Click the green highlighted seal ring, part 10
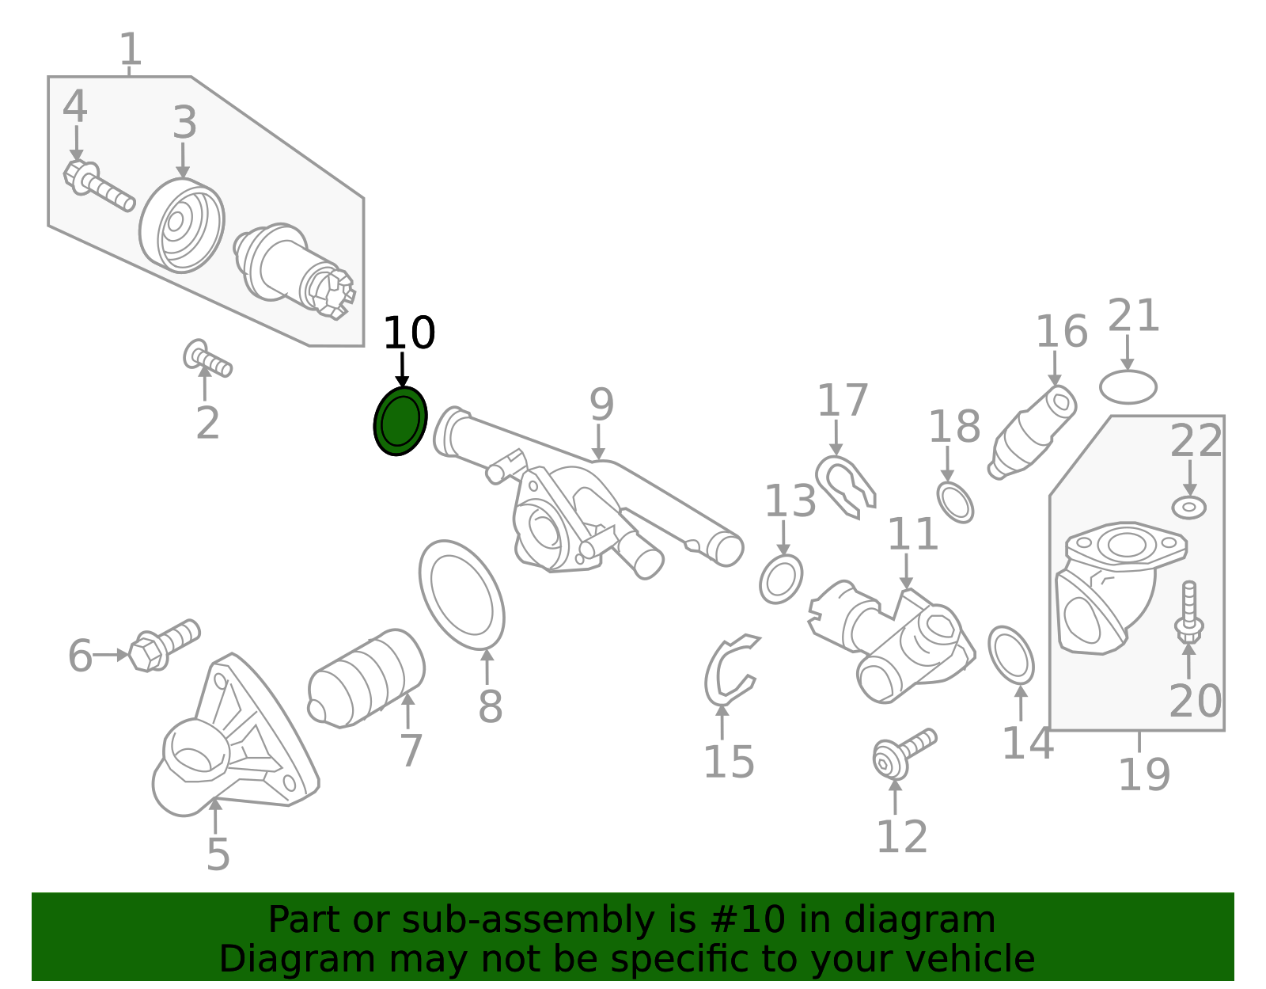tap(400, 421)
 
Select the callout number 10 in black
tap(408, 333)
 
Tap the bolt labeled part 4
tap(99, 186)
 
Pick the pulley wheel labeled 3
tap(182, 226)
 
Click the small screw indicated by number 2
tap(207, 359)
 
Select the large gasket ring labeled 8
tap(462, 594)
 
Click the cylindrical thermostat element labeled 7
tap(366, 678)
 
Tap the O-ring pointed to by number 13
tap(781, 579)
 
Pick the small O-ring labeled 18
tap(955, 502)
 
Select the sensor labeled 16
tap(1033, 432)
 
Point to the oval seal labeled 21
tap(1128, 386)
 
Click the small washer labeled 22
tap(1188, 507)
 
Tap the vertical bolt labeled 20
tap(1188, 613)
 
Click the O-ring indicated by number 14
tap(1011, 655)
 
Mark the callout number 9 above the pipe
tap(601, 405)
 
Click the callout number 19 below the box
tap(1143, 774)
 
